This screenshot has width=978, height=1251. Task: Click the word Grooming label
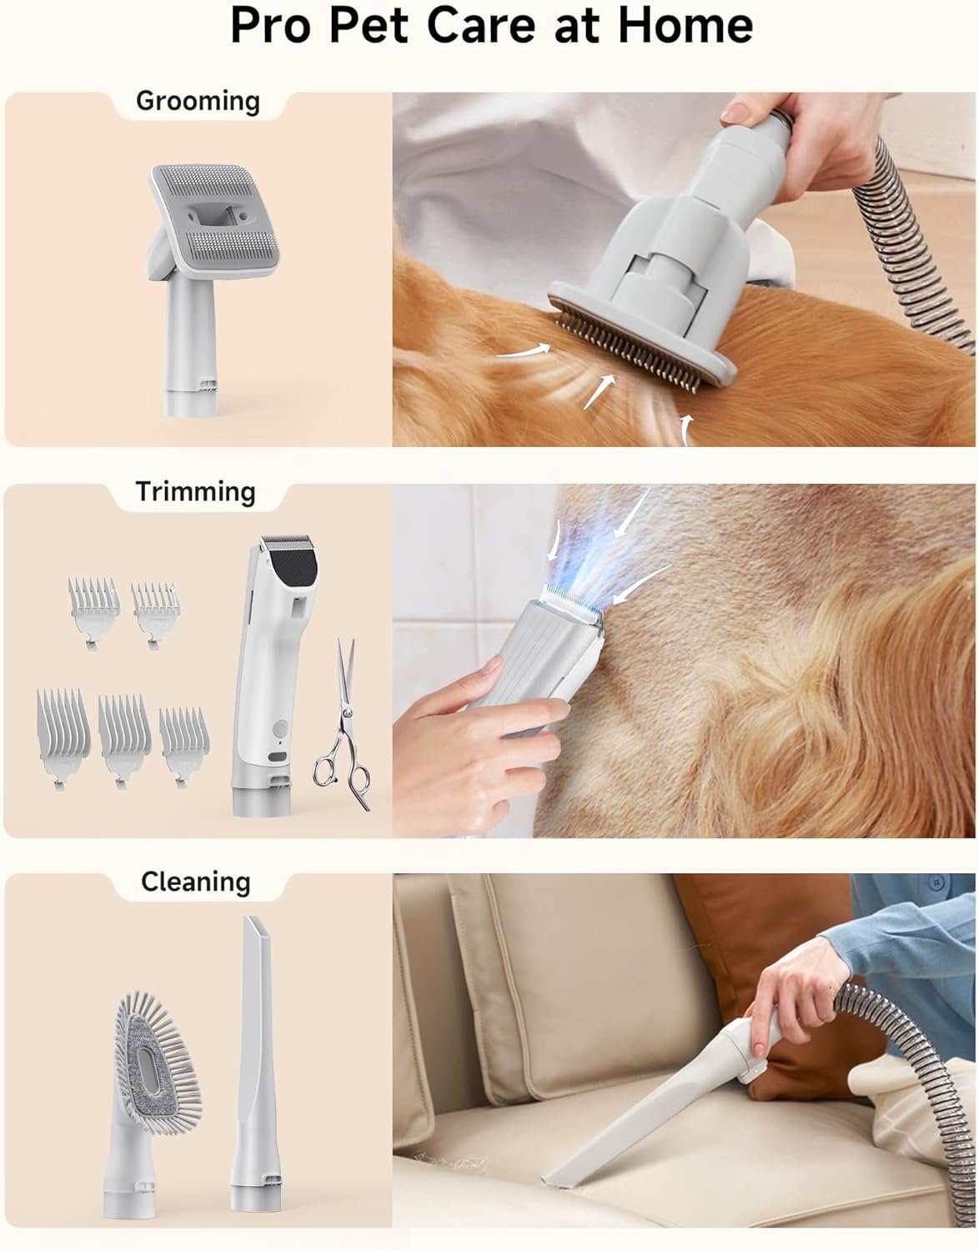(x=198, y=102)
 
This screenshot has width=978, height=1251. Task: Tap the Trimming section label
(x=195, y=492)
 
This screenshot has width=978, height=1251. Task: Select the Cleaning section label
(x=195, y=882)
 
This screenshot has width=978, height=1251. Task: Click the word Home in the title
(x=683, y=26)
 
